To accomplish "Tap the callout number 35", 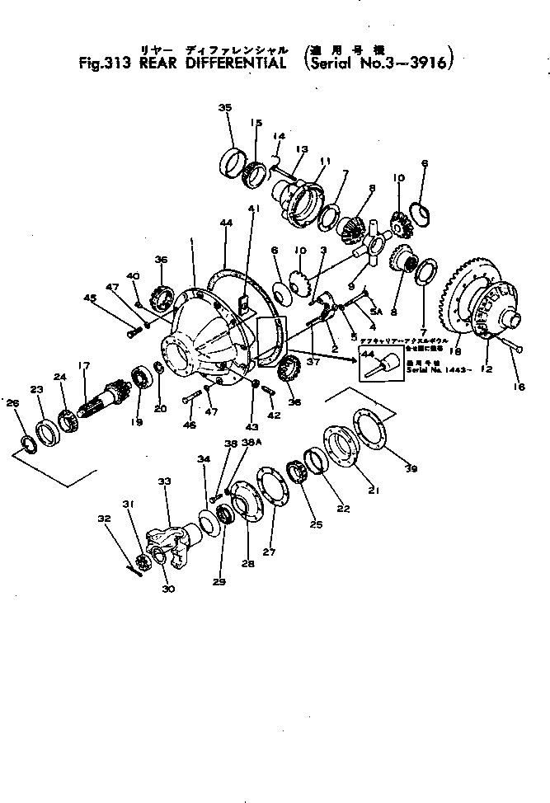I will (225, 108).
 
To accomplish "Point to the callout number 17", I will (84, 365).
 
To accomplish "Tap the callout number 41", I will (252, 209).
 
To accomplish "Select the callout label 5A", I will (376, 311).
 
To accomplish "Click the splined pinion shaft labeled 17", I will (103, 400).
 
